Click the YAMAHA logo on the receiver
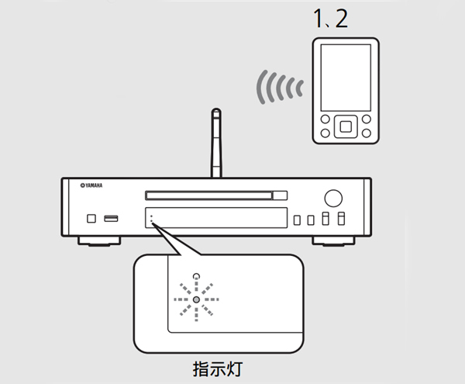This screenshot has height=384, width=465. coord(91,185)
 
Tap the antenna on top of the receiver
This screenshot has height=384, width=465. coord(216,143)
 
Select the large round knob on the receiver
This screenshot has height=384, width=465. coord(333,199)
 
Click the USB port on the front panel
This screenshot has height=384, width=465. coord(111,219)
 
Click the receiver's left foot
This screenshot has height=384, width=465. coord(99,241)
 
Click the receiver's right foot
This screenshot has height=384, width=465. coord(333,241)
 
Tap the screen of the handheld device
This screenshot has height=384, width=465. coord(346,78)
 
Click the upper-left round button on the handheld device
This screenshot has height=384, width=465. coord(325,119)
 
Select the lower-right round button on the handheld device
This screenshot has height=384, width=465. coord(367,133)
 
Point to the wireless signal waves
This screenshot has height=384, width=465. coord(280,87)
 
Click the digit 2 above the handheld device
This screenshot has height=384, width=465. coord(342,19)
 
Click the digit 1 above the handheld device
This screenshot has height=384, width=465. coord(319,19)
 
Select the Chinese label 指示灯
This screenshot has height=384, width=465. coord(218,369)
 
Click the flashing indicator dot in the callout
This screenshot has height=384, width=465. coord(196,299)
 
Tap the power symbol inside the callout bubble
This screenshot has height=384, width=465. coord(196,277)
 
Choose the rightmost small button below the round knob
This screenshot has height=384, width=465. coord(341,219)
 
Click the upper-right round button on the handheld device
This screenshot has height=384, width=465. coord(367,119)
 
